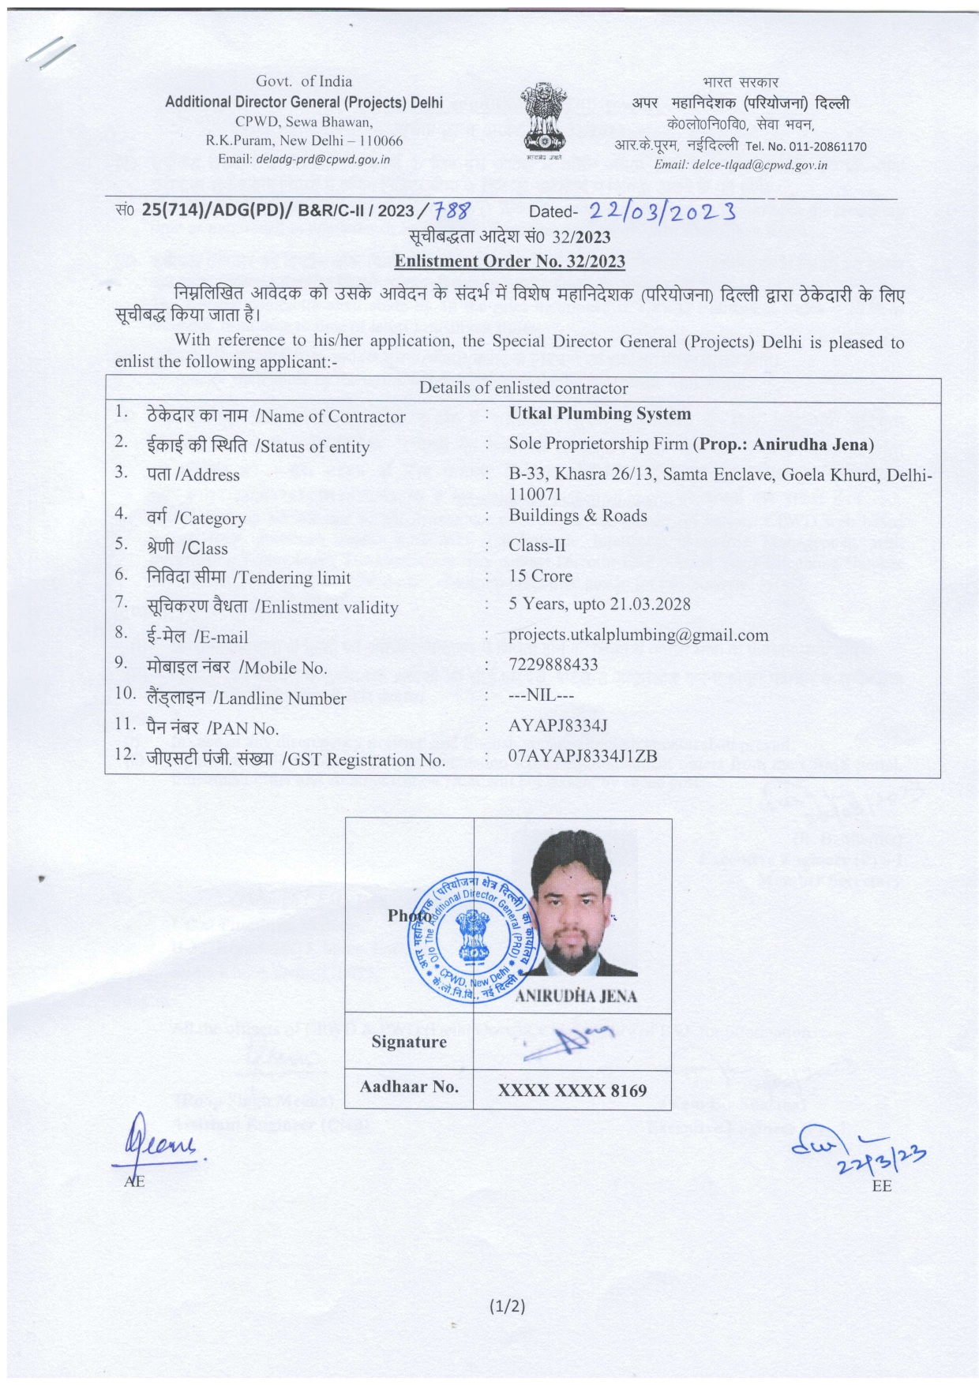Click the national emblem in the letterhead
tap(544, 118)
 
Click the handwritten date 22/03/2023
tap(662, 211)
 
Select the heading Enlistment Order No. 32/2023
tap(509, 261)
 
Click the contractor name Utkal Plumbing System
tap(600, 414)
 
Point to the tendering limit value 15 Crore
tap(541, 576)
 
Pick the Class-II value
tap(538, 545)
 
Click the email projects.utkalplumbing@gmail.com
tap(638, 635)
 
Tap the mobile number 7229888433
tap(553, 664)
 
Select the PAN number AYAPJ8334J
tap(558, 725)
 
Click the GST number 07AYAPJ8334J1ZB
tap(583, 756)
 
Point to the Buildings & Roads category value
tap(578, 515)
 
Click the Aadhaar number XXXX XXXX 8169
tap(572, 1091)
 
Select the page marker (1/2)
tap(507, 1306)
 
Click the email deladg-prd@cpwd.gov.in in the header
tap(324, 159)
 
